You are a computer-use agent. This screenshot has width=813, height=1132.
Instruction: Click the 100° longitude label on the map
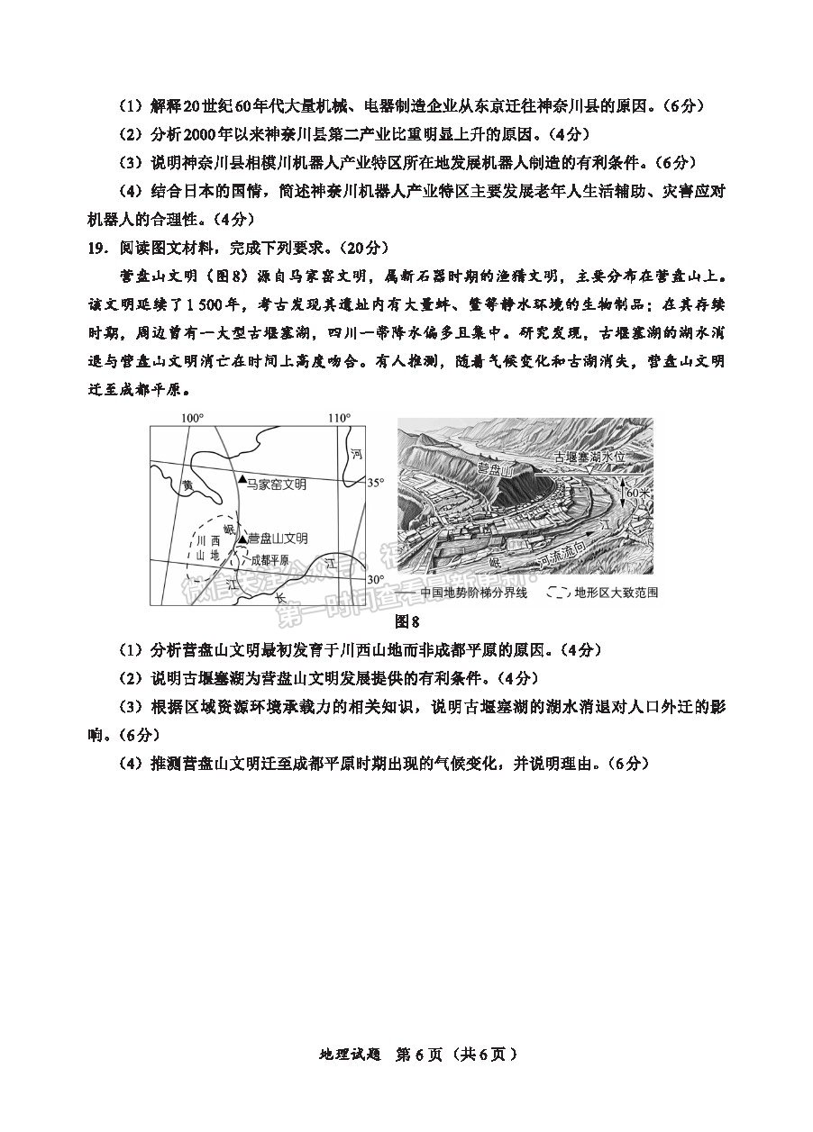[x=193, y=418]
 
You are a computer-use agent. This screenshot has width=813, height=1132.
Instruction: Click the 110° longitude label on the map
[x=339, y=418]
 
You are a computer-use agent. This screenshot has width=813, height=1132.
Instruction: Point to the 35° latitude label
[x=376, y=483]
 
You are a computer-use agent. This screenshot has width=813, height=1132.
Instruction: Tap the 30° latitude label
[x=376, y=578]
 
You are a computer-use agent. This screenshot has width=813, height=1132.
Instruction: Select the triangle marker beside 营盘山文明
[x=241, y=538]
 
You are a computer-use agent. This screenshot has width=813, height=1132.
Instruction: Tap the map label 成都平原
[x=269, y=558]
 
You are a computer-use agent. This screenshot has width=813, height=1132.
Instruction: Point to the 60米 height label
[x=636, y=494]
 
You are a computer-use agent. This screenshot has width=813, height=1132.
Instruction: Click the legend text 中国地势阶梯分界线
[x=476, y=593]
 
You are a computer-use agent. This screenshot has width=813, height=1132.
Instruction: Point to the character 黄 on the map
[x=187, y=484]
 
